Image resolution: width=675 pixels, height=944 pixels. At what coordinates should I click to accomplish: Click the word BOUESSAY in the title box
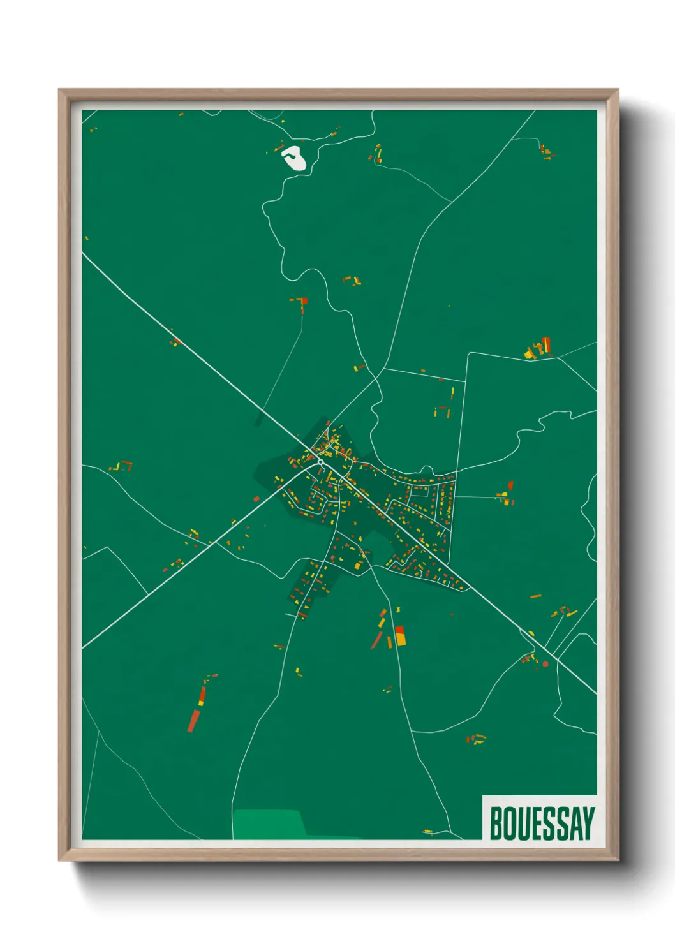point(542,823)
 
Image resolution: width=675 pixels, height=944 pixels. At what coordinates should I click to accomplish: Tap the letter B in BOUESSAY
point(496,823)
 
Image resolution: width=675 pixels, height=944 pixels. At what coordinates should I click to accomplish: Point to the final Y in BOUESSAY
point(588,823)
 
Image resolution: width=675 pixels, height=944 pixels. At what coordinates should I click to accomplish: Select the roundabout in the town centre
point(320,461)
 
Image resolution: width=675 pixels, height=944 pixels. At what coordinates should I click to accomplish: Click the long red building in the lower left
point(194,719)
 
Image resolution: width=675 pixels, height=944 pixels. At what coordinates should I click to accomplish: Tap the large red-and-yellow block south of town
point(400,636)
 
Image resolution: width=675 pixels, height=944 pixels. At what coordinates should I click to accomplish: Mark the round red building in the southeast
point(545,664)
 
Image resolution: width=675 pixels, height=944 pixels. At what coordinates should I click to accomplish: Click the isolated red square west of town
point(256,499)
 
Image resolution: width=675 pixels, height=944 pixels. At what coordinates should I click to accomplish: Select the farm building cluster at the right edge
point(538,349)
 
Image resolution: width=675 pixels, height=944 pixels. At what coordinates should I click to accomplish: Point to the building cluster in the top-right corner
point(546,152)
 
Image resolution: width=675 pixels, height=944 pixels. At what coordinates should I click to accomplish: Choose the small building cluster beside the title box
point(475,739)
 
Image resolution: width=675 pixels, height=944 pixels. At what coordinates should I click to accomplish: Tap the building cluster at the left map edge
point(120,466)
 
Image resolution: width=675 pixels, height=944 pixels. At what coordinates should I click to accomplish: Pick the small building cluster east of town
point(505,496)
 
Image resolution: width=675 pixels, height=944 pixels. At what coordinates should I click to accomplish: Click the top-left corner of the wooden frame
point(60,91)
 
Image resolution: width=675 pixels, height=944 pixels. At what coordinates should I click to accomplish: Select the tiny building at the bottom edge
point(427,832)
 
